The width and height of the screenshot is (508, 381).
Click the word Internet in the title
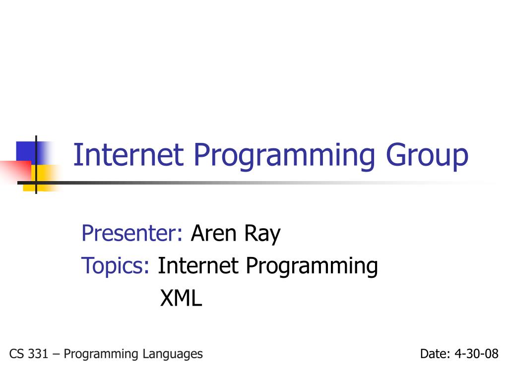click(127, 155)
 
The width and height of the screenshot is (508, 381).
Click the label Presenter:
click(132, 233)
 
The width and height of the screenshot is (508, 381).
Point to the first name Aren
click(213, 233)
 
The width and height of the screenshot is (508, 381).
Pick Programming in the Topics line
click(312, 267)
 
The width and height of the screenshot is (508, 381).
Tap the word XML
click(181, 298)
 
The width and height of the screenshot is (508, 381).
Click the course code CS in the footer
click(16, 354)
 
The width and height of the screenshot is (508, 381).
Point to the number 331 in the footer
click(39, 354)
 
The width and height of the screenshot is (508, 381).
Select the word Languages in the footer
click(172, 354)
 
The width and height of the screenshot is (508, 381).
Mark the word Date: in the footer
click(435, 354)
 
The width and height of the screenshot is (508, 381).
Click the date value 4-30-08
click(476, 354)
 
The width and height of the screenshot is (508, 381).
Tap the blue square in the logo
click(27, 151)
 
